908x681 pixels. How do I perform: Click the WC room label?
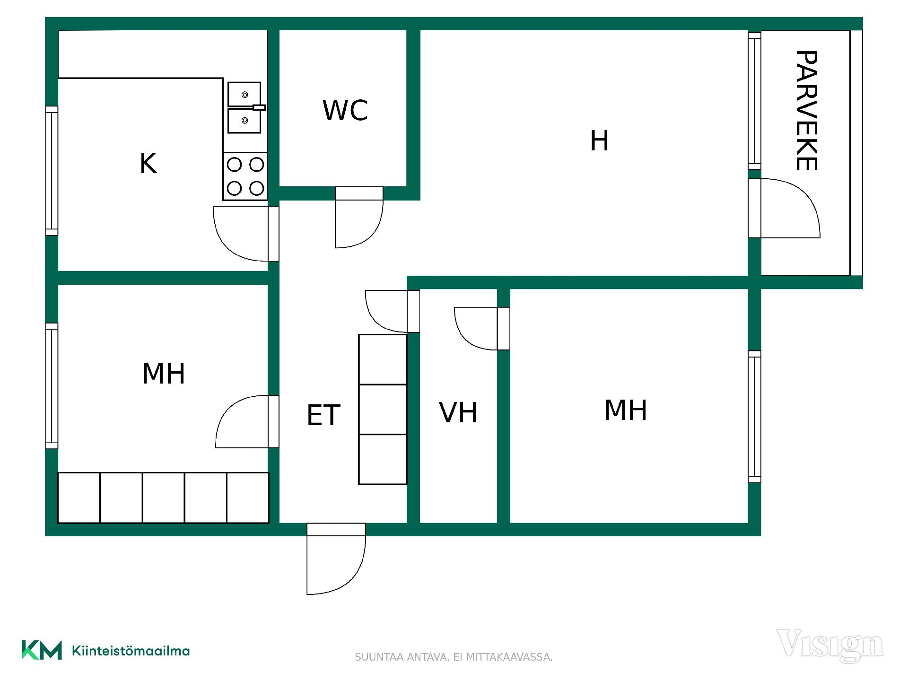[x=345, y=110]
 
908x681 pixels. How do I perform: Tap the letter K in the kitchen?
[x=148, y=164]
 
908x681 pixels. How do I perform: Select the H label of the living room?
[x=599, y=141]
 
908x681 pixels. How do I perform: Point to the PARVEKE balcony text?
[x=806, y=110]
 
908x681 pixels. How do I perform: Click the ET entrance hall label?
[x=323, y=415]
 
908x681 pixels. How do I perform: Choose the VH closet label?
[x=458, y=412]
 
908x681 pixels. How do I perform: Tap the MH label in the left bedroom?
[x=164, y=374]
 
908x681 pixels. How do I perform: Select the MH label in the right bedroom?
[x=626, y=410]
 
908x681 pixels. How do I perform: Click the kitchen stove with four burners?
[x=245, y=176]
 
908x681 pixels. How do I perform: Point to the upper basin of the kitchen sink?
[x=244, y=95]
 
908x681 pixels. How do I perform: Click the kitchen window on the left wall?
[x=52, y=171]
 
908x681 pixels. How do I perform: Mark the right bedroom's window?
[x=754, y=417]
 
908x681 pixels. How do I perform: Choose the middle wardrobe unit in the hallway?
[x=383, y=410]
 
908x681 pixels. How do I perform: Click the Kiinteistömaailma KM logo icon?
[x=42, y=650]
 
